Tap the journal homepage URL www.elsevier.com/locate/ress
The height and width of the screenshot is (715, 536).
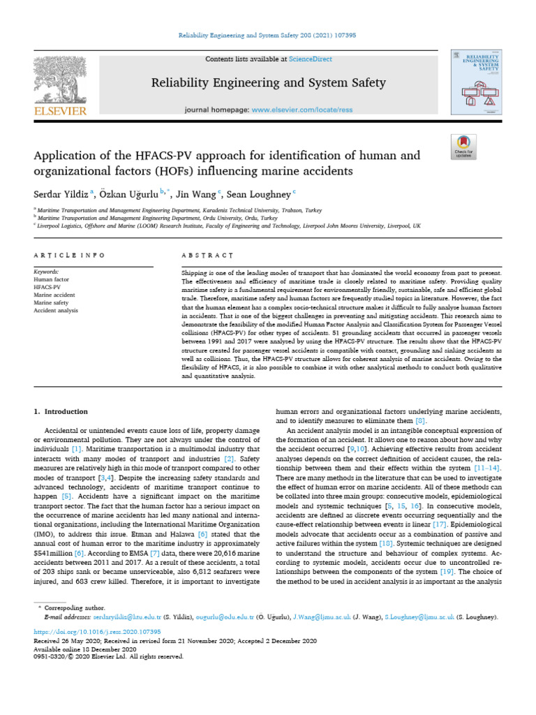pos(297,110)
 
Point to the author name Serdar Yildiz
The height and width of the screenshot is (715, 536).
pos(60,193)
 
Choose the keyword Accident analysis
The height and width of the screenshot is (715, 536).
pos(57,310)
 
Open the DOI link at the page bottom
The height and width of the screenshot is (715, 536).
pos(97,631)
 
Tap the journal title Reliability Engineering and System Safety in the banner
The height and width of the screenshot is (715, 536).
pos(269,83)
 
